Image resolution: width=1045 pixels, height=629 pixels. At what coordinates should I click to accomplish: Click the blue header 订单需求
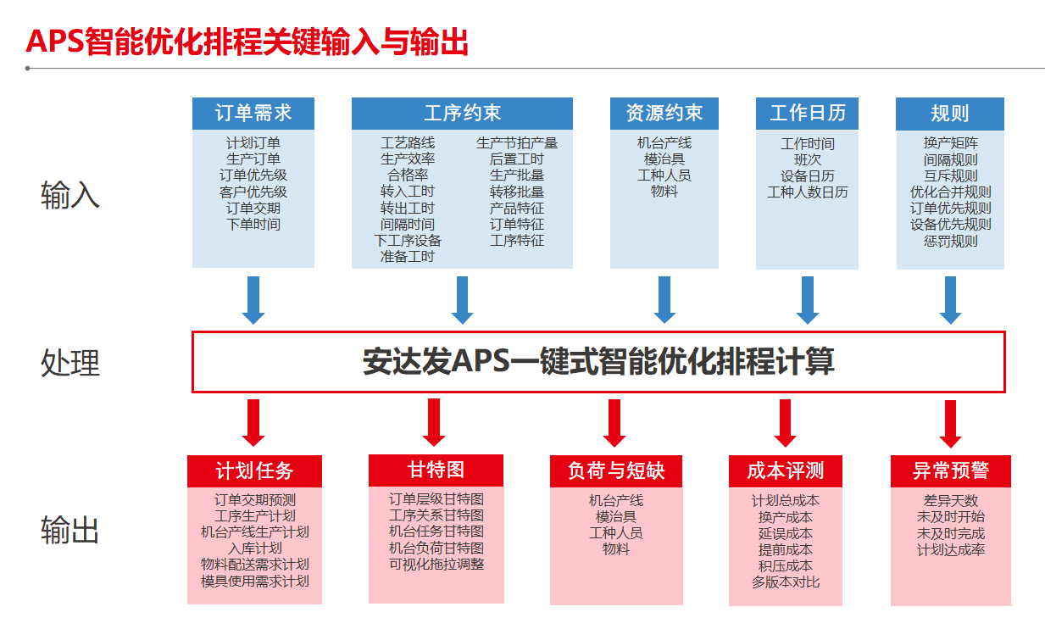pyautogui.click(x=253, y=114)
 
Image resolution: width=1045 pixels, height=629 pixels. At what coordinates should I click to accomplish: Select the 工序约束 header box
pyautogui.click(x=462, y=114)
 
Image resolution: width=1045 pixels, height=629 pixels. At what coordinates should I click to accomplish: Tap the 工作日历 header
pyautogui.click(x=807, y=114)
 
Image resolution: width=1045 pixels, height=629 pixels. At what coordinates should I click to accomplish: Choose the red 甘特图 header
pyautogui.click(x=436, y=470)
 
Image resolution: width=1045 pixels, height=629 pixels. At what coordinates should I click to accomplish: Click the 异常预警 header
pyautogui.click(x=951, y=471)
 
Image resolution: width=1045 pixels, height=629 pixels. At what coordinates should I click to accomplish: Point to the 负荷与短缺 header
pyautogui.click(x=616, y=471)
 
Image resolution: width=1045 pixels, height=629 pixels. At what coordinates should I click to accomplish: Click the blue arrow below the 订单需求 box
pyautogui.click(x=253, y=300)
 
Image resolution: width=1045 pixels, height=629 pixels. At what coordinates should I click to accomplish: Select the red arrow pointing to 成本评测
pyautogui.click(x=785, y=423)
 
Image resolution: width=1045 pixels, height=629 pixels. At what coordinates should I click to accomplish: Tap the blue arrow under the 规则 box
pyautogui.click(x=950, y=300)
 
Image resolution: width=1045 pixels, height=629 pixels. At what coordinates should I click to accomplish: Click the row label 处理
pyautogui.click(x=70, y=363)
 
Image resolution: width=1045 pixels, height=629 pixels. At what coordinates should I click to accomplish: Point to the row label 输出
pyautogui.click(x=70, y=530)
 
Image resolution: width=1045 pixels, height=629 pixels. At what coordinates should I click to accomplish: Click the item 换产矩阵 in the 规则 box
pyautogui.click(x=950, y=143)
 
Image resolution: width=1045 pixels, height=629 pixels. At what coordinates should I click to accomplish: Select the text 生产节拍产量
pyautogui.click(x=517, y=143)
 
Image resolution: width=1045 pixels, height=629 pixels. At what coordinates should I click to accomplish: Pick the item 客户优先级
pyautogui.click(x=253, y=192)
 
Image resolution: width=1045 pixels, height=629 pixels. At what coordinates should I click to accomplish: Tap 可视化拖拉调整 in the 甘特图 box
pyautogui.click(x=436, y=564)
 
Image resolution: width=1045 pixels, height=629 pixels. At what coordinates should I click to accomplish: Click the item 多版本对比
pyautogui.click(x=786, y=582)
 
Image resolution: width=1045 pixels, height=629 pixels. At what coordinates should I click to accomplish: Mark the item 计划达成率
pyautogui.click(x=951, y=549)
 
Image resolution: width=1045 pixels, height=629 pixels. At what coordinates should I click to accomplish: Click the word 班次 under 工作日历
pyautogui.click(x=807, y=159)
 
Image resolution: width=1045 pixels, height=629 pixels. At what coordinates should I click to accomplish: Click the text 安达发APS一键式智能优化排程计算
pyautogui.click(x=598, y=362)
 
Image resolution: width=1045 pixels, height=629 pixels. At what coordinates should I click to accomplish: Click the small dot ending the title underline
pyautogui.click(x=27, y=68)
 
